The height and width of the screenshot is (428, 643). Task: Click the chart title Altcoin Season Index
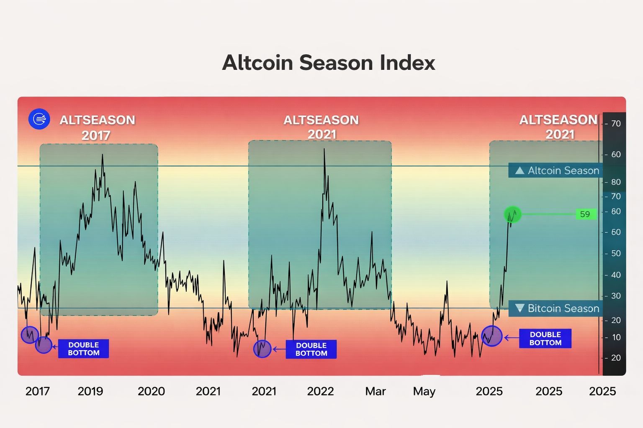pos(329,63)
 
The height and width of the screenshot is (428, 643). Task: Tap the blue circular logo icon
pos(39,119)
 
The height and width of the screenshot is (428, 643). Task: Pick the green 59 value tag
pos(585,214)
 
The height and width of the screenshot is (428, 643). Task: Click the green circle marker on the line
pos(512,214)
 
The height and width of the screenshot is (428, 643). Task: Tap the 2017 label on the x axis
pos(37,391)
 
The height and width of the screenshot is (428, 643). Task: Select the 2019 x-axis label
pos(90,391)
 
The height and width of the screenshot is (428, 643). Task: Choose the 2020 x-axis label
pos(151,391)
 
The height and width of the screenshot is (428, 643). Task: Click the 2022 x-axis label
pos(320,391)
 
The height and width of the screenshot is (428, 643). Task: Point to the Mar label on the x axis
pos(375,391)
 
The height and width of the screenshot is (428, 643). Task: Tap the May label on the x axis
pos(424,391)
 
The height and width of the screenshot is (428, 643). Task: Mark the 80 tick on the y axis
pos(616,182)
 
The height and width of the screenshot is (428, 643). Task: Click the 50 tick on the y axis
pos(616,253)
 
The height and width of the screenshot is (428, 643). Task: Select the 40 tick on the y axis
pos(616,275)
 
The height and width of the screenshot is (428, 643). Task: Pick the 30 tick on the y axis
pos(616,296)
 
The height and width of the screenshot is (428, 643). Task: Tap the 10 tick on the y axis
pos(616,337)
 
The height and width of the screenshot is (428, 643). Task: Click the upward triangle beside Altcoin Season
pos(520,171)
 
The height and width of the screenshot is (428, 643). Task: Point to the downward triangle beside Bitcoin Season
pos(520,308)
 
